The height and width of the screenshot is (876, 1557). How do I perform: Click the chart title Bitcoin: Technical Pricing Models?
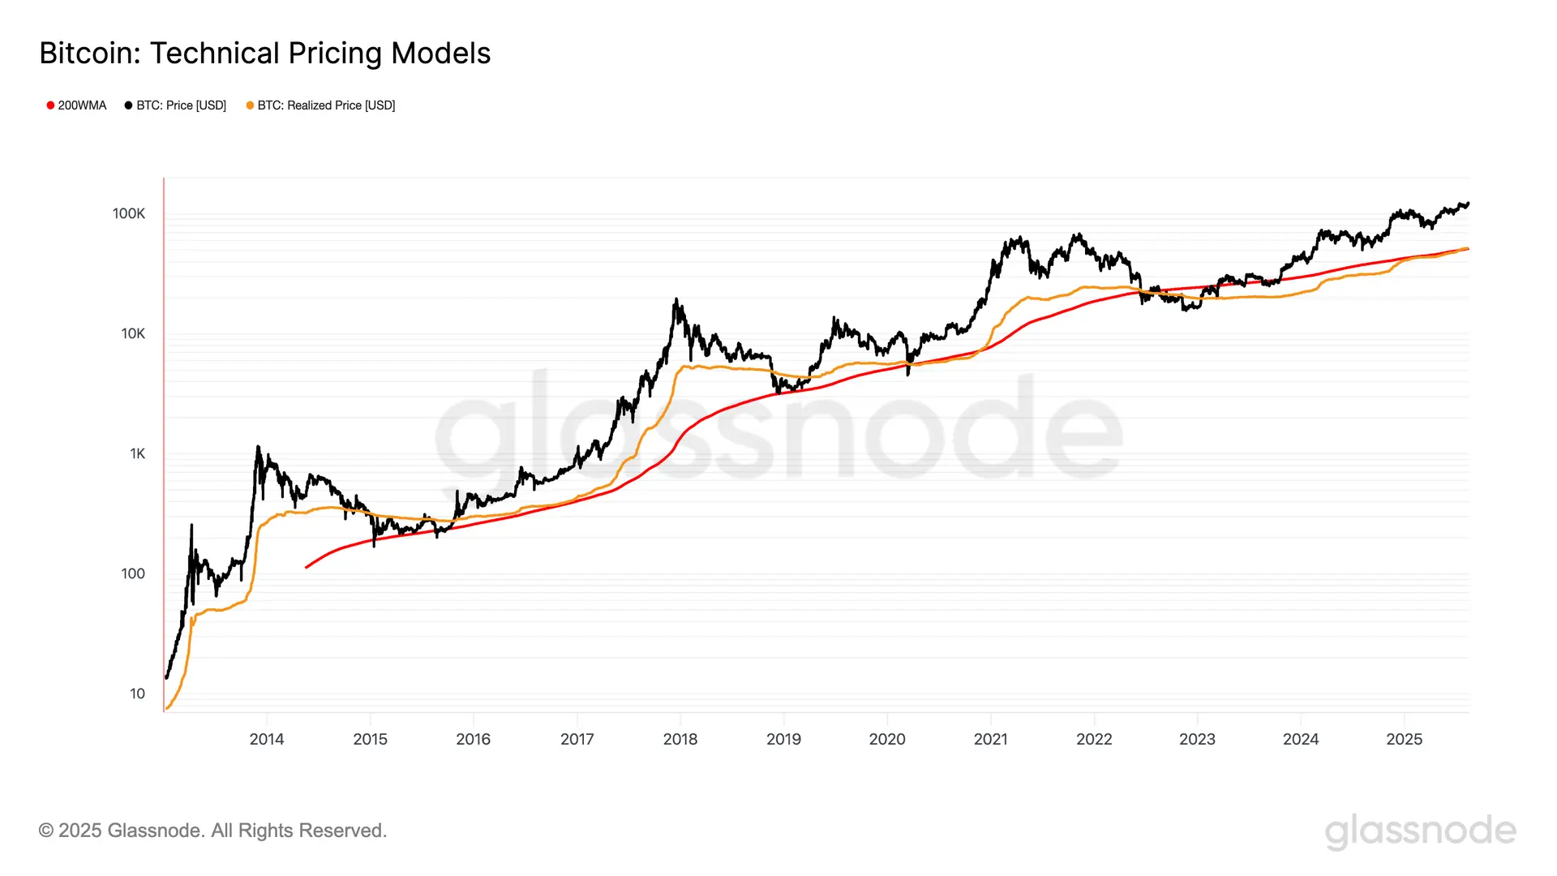(x=265, y=54)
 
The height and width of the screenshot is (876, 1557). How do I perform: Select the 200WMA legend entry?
(x=76, y=105)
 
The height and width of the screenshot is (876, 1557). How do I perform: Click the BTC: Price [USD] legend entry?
(x=175, y=105)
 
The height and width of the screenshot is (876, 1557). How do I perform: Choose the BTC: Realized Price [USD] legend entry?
(x=320, y=105)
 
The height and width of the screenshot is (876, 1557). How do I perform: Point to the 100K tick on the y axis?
(x=129, y=213)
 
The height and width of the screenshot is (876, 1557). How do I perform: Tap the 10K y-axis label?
(x=133, y=333)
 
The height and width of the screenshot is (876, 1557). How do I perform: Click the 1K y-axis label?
(x=137, y=453)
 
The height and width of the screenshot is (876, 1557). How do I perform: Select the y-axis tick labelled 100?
(x=133, y=573)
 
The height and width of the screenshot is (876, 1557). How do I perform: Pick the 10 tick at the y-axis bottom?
(x=137, y=693)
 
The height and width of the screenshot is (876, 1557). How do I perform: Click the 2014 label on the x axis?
(x=267, y=739)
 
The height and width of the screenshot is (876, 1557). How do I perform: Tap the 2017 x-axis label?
(x=577, y=739)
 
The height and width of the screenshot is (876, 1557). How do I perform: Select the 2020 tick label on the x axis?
(x=887, y=739)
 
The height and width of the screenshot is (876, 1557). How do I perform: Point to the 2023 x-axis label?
(x=1197, y=739)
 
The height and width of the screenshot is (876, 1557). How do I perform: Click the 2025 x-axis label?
(x=1404, y=739)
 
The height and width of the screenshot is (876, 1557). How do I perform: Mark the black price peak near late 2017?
(x=676, y=299)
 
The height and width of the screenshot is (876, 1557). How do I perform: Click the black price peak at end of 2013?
(x=258, y=447)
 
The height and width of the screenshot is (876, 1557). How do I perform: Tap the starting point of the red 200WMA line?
(x=307, y=567)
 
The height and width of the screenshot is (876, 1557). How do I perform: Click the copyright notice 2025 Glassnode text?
(x=212, y=831)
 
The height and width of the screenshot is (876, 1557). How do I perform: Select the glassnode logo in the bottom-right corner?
(x=1420, y=832)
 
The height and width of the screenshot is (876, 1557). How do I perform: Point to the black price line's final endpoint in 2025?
(x=1468, y=204)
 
